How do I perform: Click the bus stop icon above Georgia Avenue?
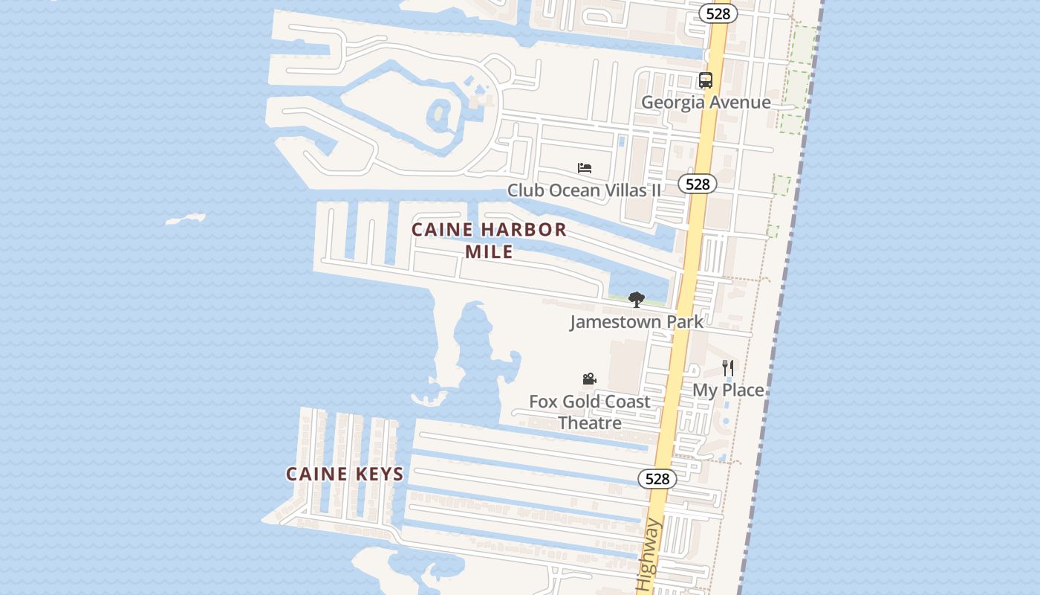(705, 80)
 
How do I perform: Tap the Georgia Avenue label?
(705, 103)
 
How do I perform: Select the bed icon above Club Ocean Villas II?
(585, 168)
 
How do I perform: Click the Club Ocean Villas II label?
(584, 190)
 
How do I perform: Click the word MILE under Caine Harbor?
(489, 252)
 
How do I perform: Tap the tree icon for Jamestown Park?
(636, 300)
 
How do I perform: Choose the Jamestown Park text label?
(636, 322)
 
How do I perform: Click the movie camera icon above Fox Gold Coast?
(589, 379)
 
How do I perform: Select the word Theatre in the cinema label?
(589, 423)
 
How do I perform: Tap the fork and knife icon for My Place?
(728, 367)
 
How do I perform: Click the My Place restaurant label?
(728, 390)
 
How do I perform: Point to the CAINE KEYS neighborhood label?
(345, 474)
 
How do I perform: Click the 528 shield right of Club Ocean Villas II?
(698, 184)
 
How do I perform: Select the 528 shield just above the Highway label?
(657, 479)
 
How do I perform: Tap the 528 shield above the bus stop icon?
(718, 13)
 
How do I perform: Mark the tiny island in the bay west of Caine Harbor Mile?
(185, 219)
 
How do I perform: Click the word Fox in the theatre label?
(543, 402)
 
